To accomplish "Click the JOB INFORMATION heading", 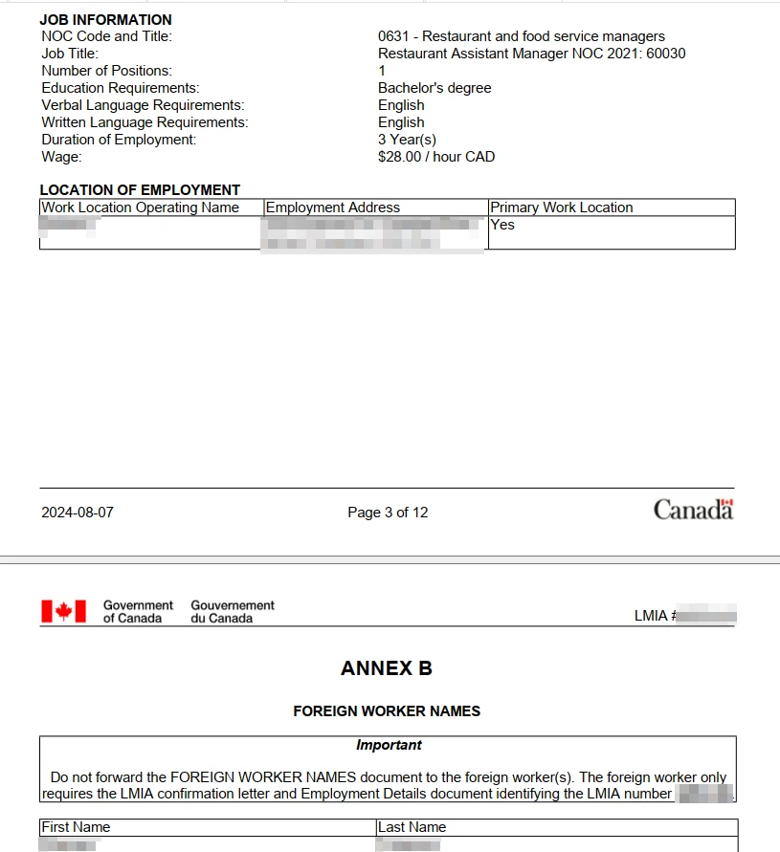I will [105, 19].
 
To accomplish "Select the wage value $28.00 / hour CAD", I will [436, 157].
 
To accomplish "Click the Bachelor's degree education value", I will [435, 88].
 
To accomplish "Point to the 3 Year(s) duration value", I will [407, 140].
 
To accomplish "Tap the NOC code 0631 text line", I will [521, 36].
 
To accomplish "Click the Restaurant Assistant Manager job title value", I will [531, 54].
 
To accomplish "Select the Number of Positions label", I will [106, 71].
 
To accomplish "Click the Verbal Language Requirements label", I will [143, 105].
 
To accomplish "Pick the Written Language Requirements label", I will [145, 122].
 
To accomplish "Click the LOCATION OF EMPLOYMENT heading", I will [140, 189].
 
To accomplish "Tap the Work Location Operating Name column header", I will [140, 208].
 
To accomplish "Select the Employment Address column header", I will [333, 208].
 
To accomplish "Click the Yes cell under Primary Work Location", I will [502, 225].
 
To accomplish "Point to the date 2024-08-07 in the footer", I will [78, 513].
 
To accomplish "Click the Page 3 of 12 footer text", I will [388, 513].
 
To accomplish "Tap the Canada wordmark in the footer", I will [693, 510].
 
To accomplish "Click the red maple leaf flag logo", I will [63, 611].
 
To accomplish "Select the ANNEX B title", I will [387, 668].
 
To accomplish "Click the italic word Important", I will [389, 745].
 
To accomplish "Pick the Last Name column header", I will [412, 827].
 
